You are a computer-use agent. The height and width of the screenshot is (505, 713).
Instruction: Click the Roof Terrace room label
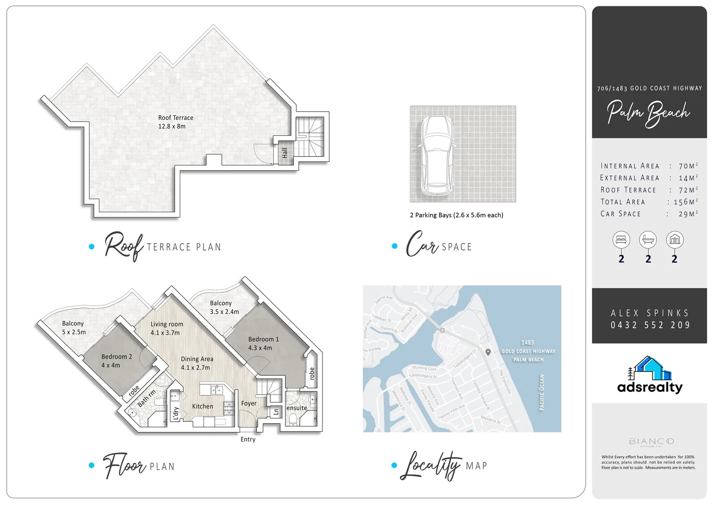point(176,122)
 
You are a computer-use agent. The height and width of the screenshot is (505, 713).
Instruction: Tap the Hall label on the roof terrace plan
point(284,152)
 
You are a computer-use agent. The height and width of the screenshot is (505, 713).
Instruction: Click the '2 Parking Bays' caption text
point(456,215)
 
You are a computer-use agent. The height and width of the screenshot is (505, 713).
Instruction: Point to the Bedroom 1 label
point(263,343)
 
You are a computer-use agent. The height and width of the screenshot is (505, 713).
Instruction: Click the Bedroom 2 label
point(116,361)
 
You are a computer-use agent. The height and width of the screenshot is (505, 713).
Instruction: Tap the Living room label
point(166,328)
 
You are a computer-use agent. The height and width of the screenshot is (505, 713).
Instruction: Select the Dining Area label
point(197,363)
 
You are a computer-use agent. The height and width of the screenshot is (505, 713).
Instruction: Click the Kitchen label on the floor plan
point(202,406)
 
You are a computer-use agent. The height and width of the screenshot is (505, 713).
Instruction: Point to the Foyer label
point(248,403)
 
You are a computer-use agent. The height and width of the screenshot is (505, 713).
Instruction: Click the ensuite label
point(296,408)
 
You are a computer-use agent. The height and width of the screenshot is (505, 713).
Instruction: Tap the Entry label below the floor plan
point(248,439)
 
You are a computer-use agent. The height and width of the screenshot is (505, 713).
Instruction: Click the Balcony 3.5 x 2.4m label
point(224,307)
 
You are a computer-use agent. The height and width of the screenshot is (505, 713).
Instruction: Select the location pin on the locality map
point(488,352)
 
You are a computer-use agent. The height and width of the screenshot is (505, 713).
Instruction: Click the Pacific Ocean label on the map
point(542,392)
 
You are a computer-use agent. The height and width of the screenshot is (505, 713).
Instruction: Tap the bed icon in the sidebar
point(621,240)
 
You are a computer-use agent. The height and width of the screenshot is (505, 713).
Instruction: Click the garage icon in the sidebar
point(674,240)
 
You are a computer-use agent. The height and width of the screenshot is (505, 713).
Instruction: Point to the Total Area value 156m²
point(685,202)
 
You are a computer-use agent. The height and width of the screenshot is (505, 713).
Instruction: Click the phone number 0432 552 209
point(650,325)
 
